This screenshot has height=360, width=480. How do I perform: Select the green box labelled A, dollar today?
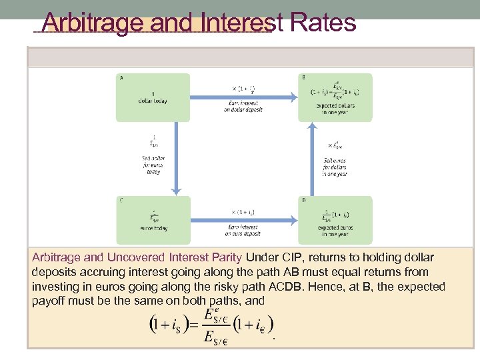(x=153, y=97)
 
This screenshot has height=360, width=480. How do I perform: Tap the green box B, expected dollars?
(x=335, y=97)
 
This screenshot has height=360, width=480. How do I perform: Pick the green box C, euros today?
(x=153, y=219)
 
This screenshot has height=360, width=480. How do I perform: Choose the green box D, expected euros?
(x=335, y=219)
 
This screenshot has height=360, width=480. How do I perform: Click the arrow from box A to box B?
(x=243, y=97)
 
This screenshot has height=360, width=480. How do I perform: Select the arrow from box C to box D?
(x=243, y=221)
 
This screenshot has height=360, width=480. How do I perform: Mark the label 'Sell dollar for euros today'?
(x=153, y=164)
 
